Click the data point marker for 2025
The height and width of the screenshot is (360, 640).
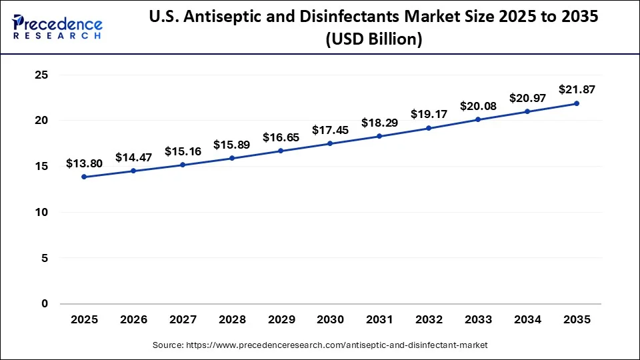point(84,177)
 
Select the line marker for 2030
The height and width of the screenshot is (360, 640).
point(330,143)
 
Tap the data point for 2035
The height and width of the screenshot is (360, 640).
point(577,103)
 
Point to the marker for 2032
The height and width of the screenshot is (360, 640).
point(429,128)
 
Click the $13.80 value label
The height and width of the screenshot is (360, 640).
point(84,163)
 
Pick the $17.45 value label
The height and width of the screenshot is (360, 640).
point(330,130)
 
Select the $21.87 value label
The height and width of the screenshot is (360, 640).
point(577,89)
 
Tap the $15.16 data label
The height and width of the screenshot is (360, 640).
point(183,151)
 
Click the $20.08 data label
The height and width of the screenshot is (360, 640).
point(478,107)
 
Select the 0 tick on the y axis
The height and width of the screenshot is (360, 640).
point(45,304)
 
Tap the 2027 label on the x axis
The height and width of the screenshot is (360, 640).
point(183,320)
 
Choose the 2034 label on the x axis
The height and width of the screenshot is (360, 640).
point(527,320)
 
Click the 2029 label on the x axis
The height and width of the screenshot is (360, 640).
point(281,320)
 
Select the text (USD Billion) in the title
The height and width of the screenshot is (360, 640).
point(374,40)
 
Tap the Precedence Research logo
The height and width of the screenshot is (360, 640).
point(57,27)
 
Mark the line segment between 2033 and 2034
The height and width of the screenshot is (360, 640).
point(503,115)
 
